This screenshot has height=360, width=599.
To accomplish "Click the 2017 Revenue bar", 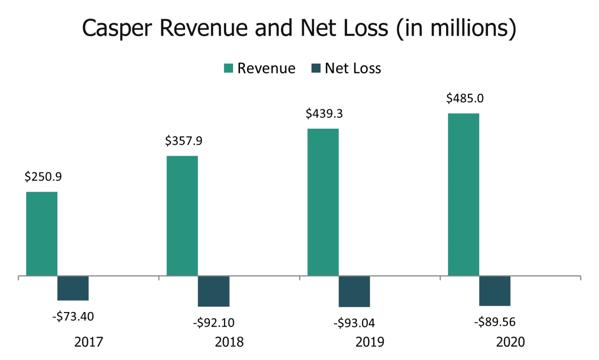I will pyautogui.click(x=42, y=234).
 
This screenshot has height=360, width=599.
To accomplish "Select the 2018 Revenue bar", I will pyautogui.click(x=182, y=216).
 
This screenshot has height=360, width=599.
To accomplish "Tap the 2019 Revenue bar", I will pyautogui.click(x=323, y=202).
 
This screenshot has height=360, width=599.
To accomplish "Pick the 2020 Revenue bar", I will pyautogui.click(x=463, y=195).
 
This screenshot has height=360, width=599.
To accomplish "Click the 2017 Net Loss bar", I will pyautogui.click(x=73, y=288).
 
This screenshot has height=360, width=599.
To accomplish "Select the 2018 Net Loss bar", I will pyautogui.click(x=213, y=291).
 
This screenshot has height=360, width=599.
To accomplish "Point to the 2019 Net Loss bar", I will pyautogui.click(x=354, y=291).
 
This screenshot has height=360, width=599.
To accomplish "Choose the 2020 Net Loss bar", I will pyautogui.click(x=494, y=291).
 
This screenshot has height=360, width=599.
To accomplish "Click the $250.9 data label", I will pyautogui.click(x=43, y=177).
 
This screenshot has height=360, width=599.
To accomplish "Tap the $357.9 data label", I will pyautogui.click(x=184, y=141).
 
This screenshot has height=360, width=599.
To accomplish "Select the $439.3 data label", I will pyautogui.click(x=324, y=113).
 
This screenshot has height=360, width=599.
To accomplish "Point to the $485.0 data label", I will pyautogui.click(x=465, y=98).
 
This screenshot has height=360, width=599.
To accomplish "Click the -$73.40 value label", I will pyautogui.click(x=73, y=316).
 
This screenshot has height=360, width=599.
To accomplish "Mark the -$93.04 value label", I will pyautogui.click(x=354, y=323).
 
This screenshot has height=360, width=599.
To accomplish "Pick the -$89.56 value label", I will pyautogui.click(x=495, y=322).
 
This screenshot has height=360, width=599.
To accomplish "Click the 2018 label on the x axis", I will pyautogui.click(x=229, y=342).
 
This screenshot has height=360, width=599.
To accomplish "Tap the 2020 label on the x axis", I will pyautogui.click(x=510, y=342).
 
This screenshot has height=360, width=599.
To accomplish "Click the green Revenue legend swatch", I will pyautogui.click(x=229, y=68).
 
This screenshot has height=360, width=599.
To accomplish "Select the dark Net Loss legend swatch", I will pyautogui.click(x=316, y=68).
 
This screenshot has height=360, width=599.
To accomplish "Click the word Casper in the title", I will pyautogui.click(x=117, y=28).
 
